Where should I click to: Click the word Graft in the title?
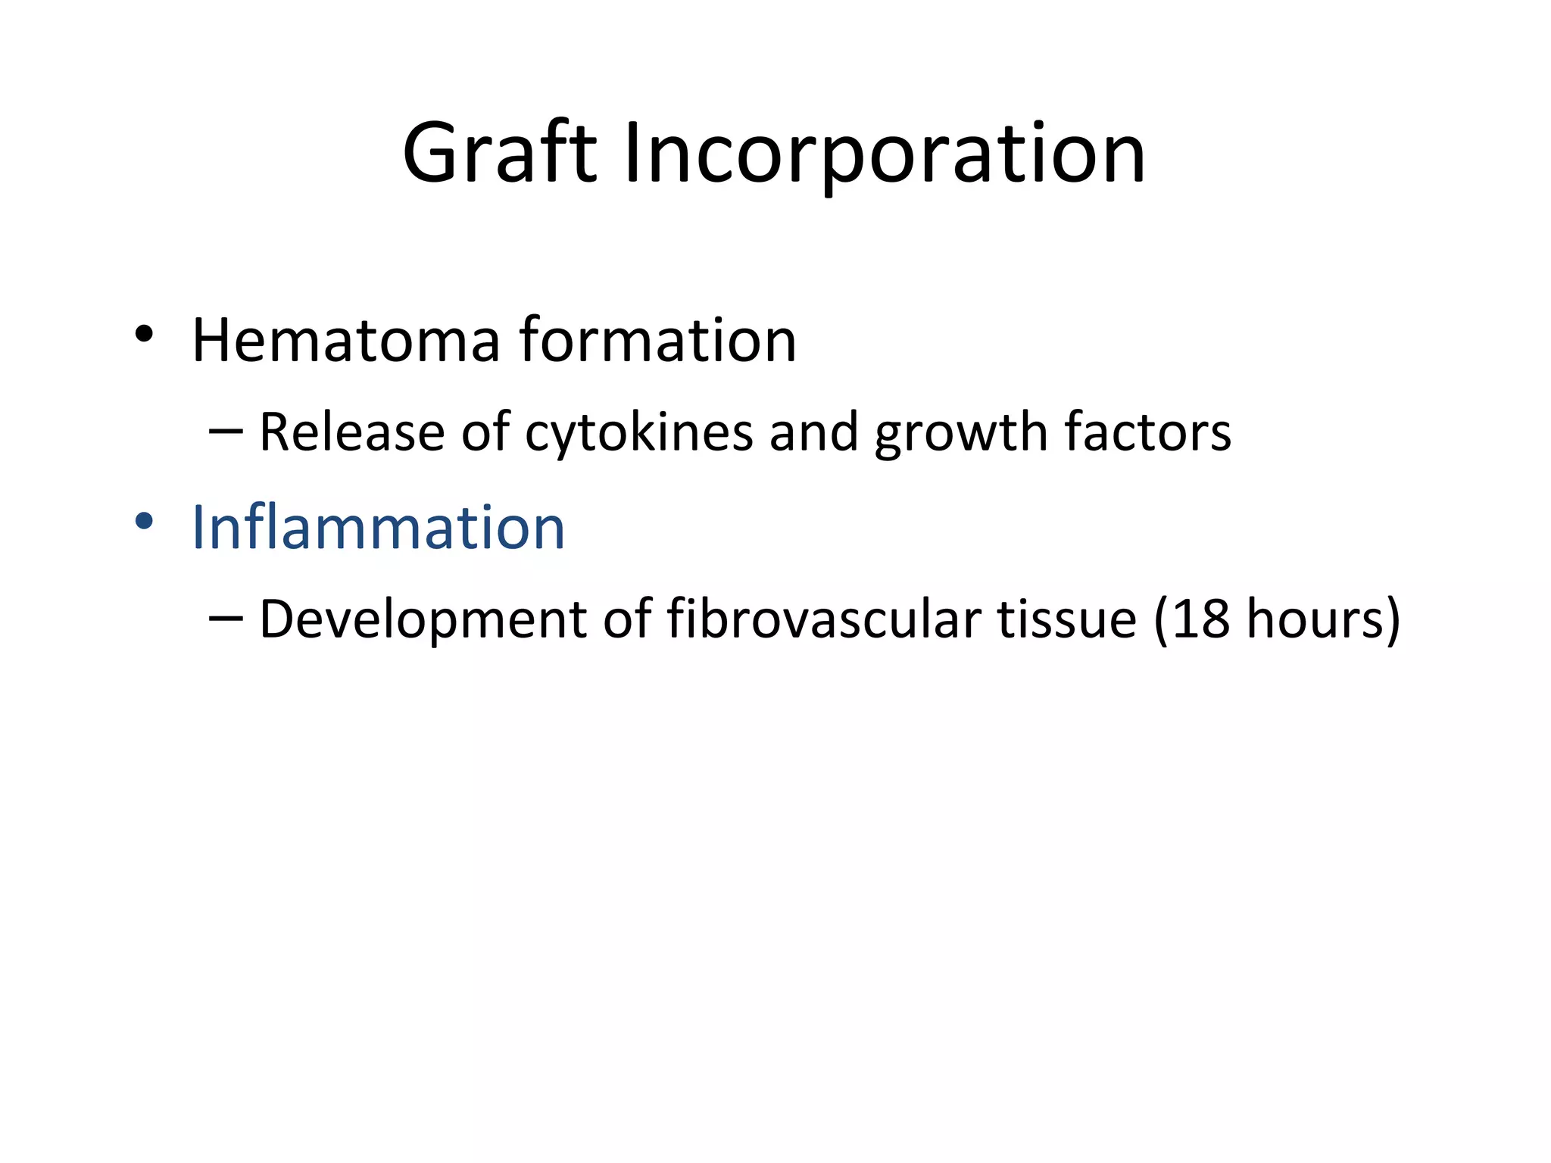coord(500,155)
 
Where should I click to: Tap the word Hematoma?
coord(345,340)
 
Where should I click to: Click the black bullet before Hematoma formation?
coord(144,334)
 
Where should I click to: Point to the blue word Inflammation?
coord(378,527)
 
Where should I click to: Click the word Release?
coord(351,432)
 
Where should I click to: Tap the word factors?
coord(1147,432)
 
